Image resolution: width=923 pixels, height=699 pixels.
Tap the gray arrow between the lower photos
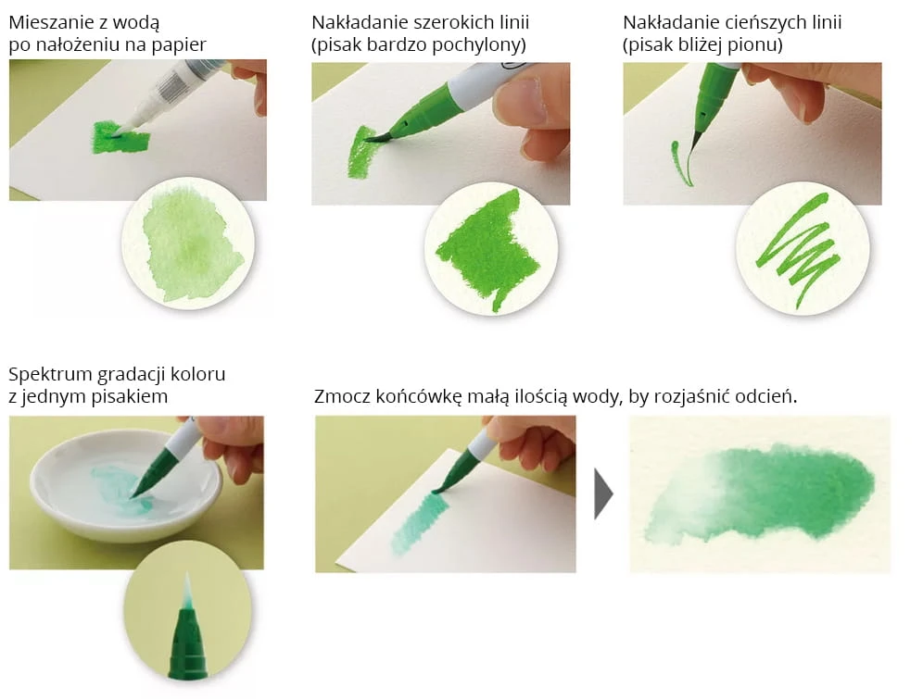[x=603, y=493]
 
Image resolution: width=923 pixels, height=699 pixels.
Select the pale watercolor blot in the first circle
[x=191, y=244]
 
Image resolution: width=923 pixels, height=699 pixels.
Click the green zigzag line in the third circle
[x=799, y=249]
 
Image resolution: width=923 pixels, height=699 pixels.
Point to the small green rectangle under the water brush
[x=120, y=138]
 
